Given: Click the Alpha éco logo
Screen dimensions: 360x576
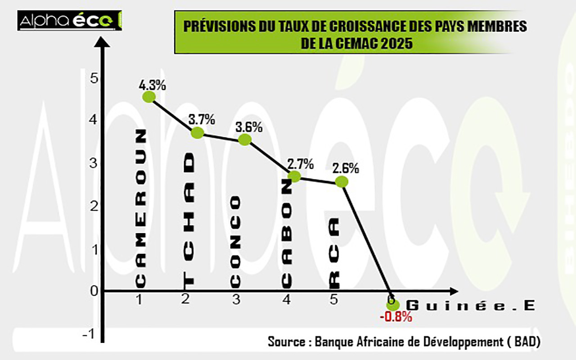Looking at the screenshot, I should pos(69,21).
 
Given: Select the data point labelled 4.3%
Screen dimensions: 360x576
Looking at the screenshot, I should pos(149,97).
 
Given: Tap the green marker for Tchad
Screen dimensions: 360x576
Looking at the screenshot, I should pos(197,133).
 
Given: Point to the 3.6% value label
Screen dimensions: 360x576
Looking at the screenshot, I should pos(249,127).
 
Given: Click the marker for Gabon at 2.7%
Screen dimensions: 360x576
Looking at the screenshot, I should pos(294,176).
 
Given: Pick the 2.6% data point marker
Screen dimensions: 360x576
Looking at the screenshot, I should pos(342,182).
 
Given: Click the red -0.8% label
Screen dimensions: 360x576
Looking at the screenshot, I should pos(396,317).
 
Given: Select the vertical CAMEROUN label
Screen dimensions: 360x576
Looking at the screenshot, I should pos(141,209).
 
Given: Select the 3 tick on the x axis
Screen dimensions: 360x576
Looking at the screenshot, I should pos(236,300).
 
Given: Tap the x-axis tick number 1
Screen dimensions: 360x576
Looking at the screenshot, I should pos(139,300).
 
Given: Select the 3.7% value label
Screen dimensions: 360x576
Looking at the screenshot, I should pos(202,120).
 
